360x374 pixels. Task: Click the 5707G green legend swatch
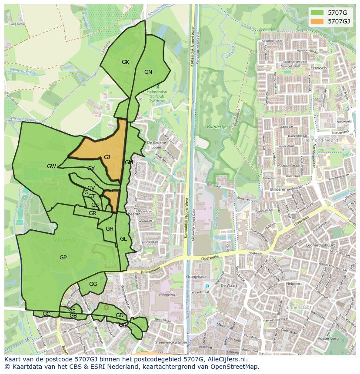[317, 13]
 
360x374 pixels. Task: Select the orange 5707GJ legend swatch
[317, 21]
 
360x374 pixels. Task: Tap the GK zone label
[125, 62]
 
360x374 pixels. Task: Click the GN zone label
[148, 72]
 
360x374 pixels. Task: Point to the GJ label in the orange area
[107, 157]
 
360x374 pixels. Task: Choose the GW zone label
[51, 166]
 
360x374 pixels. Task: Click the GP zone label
[63, 258]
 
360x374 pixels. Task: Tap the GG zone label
[93, 284]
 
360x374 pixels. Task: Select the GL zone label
[123, 239]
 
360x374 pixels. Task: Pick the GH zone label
[110, 229]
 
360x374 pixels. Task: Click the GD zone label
[120, 315]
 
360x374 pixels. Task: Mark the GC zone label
[46, 314]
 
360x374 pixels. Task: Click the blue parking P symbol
[207, 287]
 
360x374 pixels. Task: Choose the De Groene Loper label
[154, 144]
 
